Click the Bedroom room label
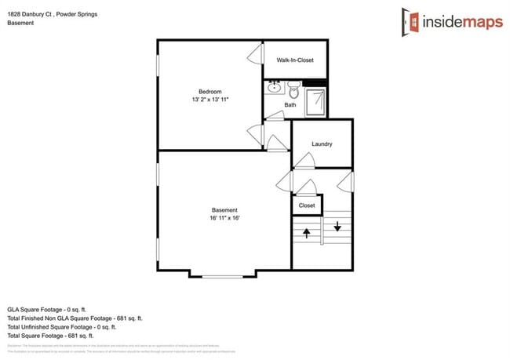(210, 91)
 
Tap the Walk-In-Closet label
(295, 60)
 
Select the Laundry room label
(322, 144)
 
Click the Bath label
(290, 105)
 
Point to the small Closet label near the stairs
(307, 205)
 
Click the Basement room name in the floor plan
(224, 210)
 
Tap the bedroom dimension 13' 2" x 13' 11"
(210, 100)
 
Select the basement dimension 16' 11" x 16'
(224, 219)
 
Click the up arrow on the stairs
(307, 231)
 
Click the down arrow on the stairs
(337, 227)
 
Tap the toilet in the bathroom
(293, 88)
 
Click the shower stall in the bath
(315, 100)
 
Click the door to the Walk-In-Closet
(255, 56)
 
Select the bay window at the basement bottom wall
(223, 275)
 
